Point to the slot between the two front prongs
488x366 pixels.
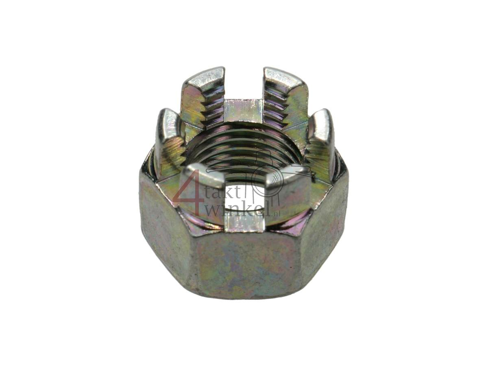tap(244, 203)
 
